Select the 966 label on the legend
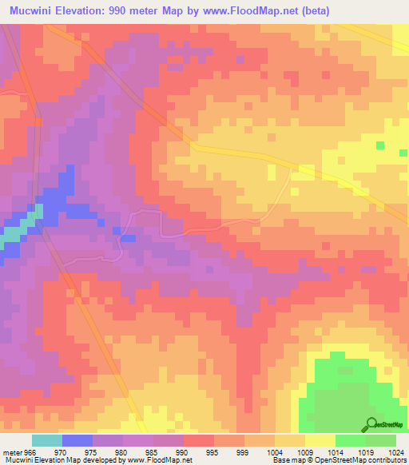tap(30, 452)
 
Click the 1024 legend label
tap(396, 452)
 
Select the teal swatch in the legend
tap(46, 440)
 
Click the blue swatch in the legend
tap(77, 440)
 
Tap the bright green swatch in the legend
tap(350, 440)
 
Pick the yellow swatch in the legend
tap(320, 440)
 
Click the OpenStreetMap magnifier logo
tap(371, 425)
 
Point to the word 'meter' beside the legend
tap(12, 452)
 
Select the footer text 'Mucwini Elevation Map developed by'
tap(61, 460)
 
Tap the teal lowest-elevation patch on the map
tap(16, 231)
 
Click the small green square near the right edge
tap(380, 145)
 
